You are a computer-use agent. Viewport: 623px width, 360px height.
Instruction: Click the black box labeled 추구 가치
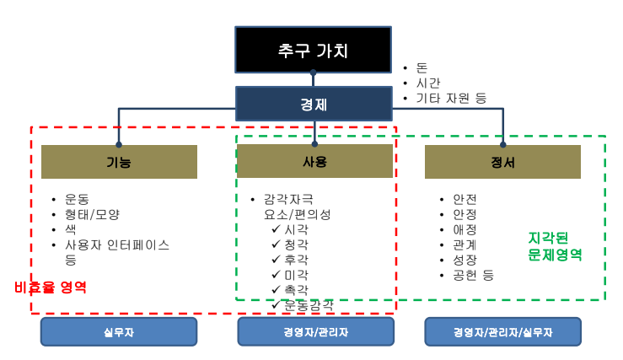(313, 50)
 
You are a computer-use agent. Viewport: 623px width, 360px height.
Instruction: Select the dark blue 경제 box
(314, 105)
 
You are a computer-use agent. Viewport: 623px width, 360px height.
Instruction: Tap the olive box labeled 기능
(119, 162)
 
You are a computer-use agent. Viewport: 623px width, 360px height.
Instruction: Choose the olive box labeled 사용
(314, 161)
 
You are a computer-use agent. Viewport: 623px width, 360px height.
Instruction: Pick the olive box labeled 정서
(502, 162)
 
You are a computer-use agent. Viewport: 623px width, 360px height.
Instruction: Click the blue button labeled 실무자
(119, 332)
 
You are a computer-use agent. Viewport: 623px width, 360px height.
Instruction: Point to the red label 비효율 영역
(51, 287)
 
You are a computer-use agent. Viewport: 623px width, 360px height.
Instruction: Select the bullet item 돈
(422, 67)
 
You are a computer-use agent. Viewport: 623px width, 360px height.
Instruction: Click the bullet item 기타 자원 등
(451, 98)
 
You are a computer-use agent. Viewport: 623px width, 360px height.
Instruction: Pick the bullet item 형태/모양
(93, 214)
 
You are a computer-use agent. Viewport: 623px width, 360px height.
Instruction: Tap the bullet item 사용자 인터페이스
(117, 244)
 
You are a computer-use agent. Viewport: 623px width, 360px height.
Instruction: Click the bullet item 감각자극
(288, 199)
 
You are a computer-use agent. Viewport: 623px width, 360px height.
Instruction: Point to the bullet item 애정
(465, 229)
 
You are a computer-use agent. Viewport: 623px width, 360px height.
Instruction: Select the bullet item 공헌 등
(473, 275)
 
